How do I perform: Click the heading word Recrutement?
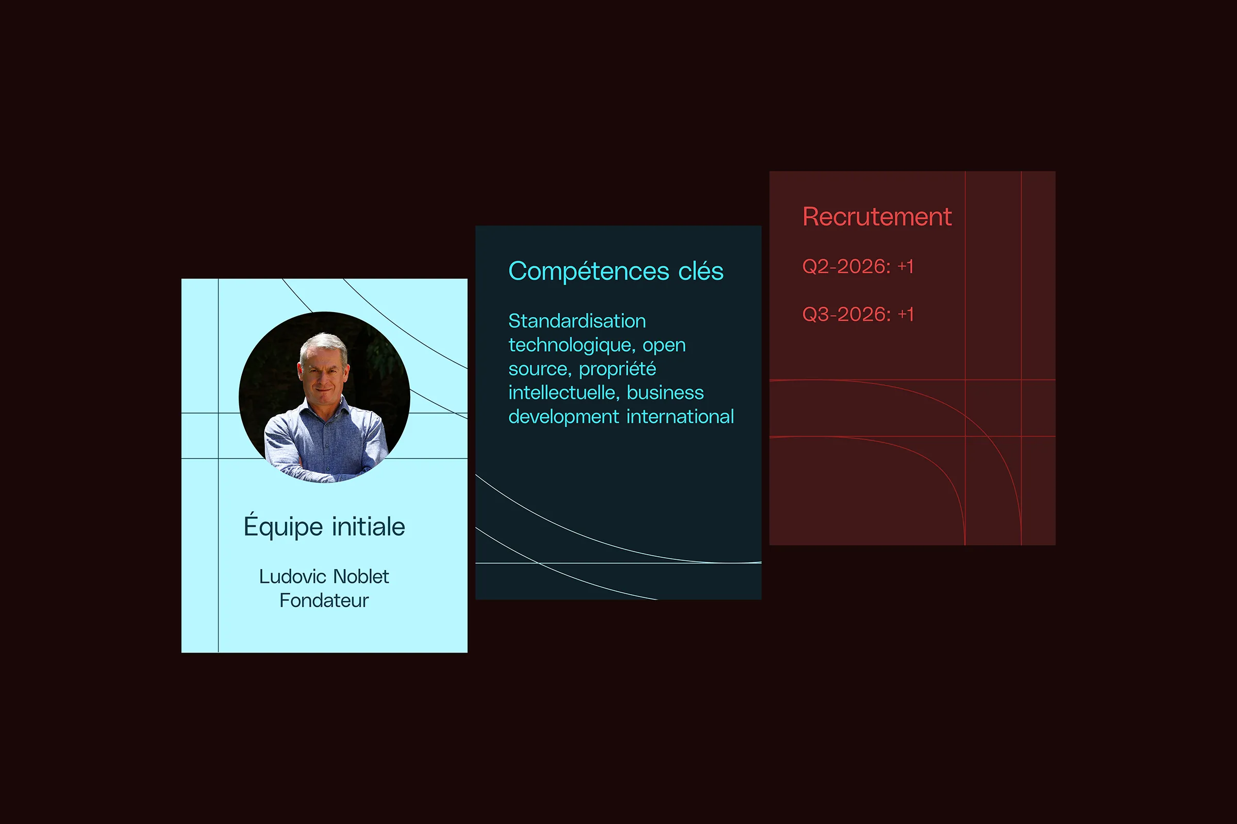(x=877, y=216)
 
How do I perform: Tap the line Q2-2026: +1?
(x=858, y=266)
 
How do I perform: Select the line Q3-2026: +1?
(x=858, y=314)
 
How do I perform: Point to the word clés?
(x=701, y=271)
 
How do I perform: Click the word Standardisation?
(x=577, y=320)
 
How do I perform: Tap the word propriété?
(x=617, y=369)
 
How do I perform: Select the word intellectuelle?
(x=564, y=392)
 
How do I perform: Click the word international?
(x=680, y=416)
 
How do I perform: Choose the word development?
(x=564, y=417)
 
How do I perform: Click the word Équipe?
(x=283, y=525)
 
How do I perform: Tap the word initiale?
(x=369, y=526)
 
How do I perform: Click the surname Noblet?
(x=361, y=576)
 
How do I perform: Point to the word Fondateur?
(x=324, y=600)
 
